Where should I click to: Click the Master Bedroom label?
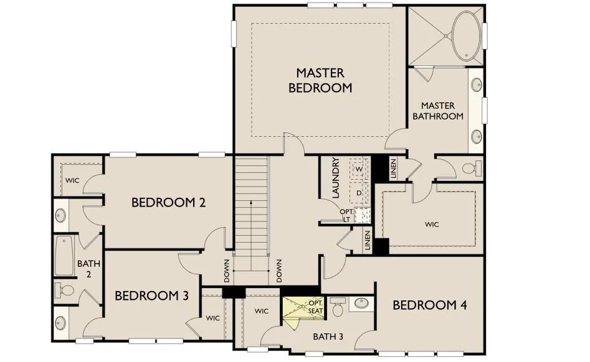click(320, 80)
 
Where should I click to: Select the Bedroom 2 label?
click(169, 202)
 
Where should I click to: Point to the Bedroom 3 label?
click(151, 295)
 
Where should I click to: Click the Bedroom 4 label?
click(430, 305)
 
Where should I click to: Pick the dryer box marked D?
click(359, 193)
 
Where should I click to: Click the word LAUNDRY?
click(336, 177)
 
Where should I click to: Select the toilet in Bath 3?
click(338, 307)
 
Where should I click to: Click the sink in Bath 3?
click(361, 304)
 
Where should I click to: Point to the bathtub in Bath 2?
click(64, 256)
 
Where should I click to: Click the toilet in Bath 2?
click(64, 290)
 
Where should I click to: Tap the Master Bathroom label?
click(438, 111)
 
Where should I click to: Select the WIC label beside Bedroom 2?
click(72, 180)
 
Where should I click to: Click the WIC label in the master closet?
click(432, 225)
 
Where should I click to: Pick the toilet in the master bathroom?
click(472, 168)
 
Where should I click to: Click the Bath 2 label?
click(89, 269)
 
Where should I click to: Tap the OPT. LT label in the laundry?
click(346, 216)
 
